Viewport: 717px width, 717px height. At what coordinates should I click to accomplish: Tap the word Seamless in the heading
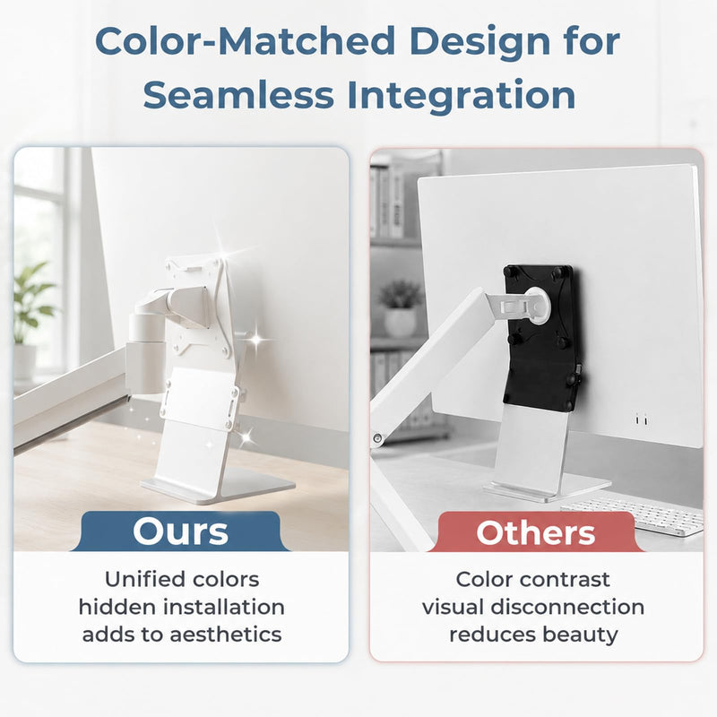pyautogui.click(x=238, y=95)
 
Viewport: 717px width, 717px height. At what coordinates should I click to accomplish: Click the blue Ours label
pyautogui.click(x=180, y=531)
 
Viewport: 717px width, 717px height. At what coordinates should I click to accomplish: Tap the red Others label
pyautogui.click(x=536, y=532)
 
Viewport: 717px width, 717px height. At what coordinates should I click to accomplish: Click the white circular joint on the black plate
pyautogui.click(x=534, y=305)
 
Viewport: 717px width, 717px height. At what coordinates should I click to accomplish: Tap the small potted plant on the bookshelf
pyautogui.click(x=400, y=309)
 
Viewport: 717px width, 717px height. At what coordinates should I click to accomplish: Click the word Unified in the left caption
pyautogui.click(x=138, y=579)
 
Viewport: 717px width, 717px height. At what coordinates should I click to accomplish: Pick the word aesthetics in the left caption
pyautogui.click(x=226, y=635)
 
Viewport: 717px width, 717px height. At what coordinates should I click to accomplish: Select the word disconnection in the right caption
pyautogui.click(x=567, y=607)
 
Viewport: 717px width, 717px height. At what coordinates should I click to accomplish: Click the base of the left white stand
pyautogui.click(x=218, y=486)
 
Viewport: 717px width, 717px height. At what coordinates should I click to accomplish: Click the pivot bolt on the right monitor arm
pyautogui.click(x=376, y=438)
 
